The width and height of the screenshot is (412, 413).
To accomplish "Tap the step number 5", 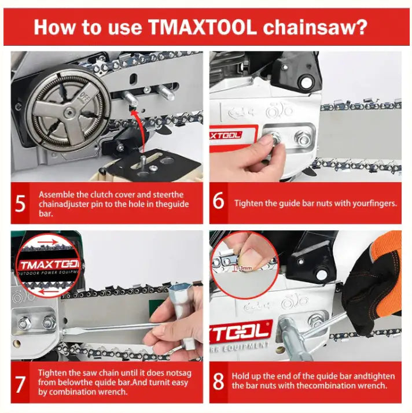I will click(x=20, y=203).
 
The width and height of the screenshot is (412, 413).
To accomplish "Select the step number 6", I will click(x=219, y=203).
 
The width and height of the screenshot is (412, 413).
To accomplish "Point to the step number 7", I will click(x=20, y=382).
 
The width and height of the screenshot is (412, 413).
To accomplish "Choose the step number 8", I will click(x=219, y=382).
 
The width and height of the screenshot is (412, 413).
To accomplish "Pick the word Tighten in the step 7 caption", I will click(x=51, y=373).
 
